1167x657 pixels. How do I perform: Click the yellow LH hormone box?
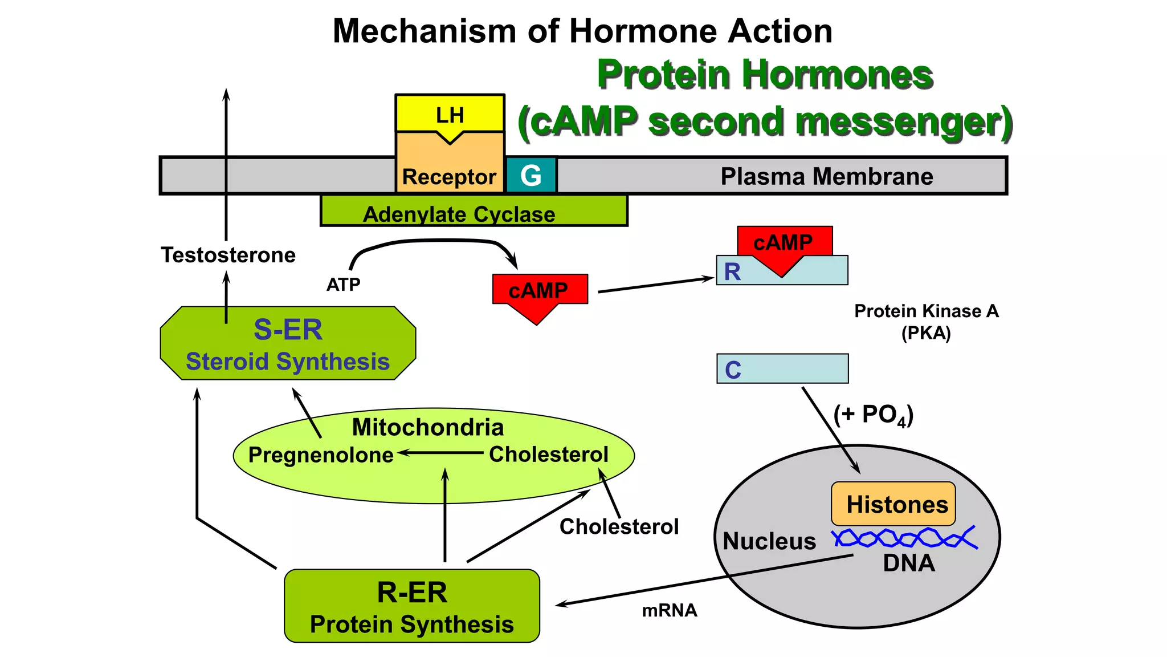(x=450, y=113)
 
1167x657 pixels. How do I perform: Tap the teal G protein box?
(x=531, y=176)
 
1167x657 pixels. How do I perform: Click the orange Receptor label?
(x=449, y=177)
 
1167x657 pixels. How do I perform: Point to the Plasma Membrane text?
(x=826, y=176)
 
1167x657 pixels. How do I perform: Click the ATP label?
(x=343, y=284)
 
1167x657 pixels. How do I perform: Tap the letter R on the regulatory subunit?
(x=732, y=272)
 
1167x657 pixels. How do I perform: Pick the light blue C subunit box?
(x=782, y=368)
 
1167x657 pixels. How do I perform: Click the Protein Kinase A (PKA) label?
(x=926, y=322)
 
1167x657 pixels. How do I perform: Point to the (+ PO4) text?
(x=873, y=415)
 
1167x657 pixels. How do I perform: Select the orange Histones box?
(x=893, y=504)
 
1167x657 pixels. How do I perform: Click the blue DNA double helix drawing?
(x=905, y=538)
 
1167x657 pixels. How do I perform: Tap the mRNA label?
(x=669, y=611)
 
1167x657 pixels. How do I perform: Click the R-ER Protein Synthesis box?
(x=411, y=606)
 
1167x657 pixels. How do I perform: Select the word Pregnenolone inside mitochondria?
(x=321, y=455)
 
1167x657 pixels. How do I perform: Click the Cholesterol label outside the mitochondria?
(x=619, y=526)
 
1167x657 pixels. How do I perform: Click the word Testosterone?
(x=228, y=255)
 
